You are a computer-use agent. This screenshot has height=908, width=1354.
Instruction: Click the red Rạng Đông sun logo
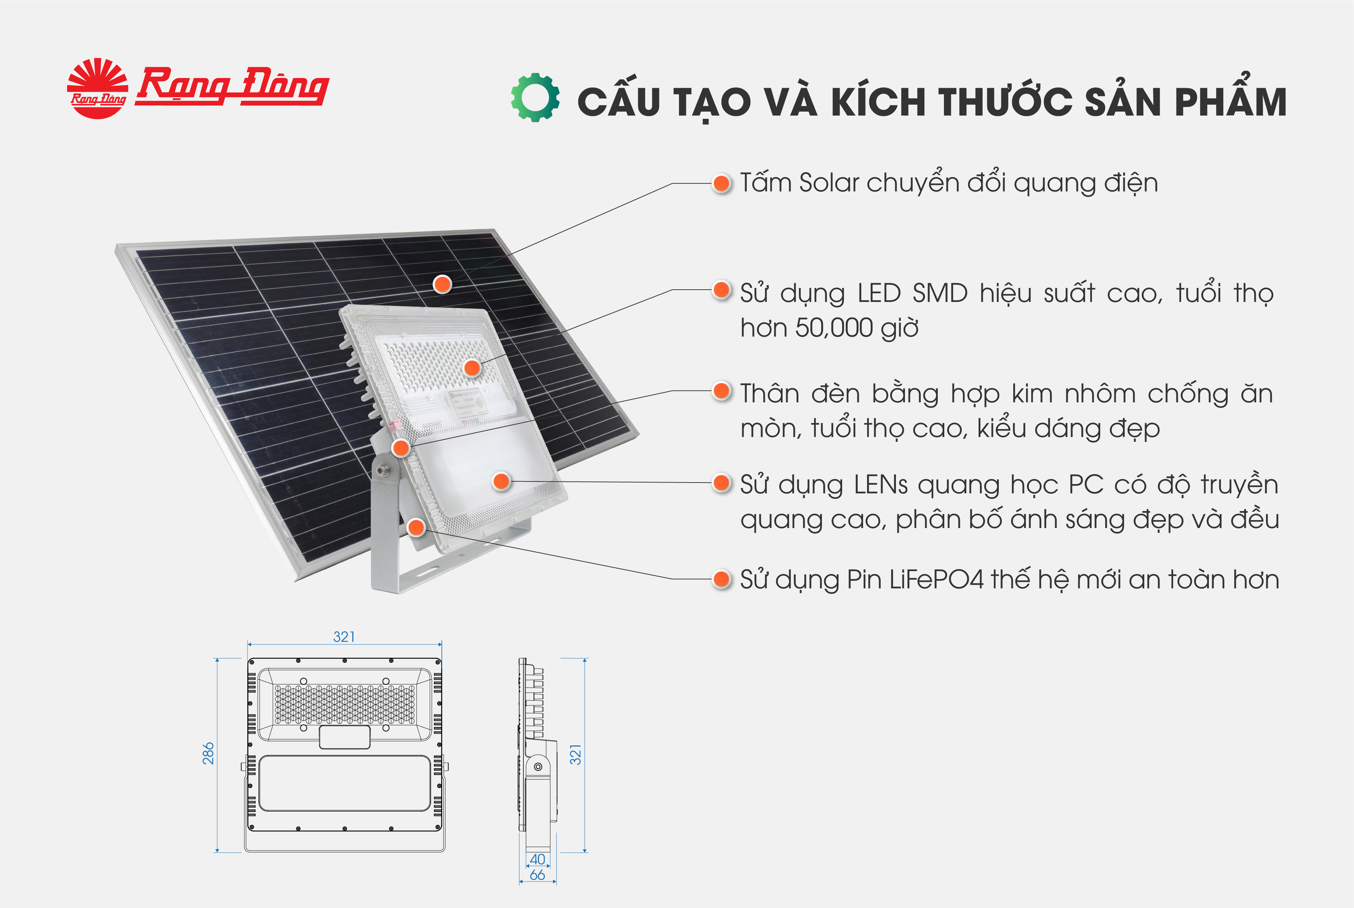click(x=97, y=88)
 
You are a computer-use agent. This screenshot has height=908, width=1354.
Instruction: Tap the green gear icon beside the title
click(x=535, y=97)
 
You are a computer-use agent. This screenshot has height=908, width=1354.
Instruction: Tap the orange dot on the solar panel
click(x=442, y=284)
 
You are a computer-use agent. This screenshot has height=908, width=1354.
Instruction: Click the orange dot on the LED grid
click(x=472, y=367)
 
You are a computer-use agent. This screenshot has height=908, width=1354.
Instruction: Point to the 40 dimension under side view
click(x=537, y=859)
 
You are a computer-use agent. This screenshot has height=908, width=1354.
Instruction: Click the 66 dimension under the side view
click(x=537, y=875)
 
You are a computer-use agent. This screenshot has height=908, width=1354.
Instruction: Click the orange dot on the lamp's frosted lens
click(x=501, y=481)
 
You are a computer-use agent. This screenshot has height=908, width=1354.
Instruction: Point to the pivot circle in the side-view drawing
click(x=538, y=767)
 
